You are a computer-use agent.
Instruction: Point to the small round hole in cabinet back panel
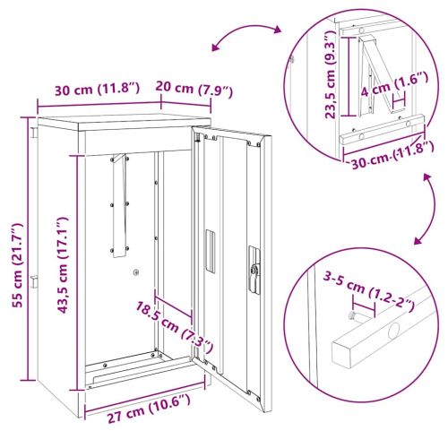pos(135,273)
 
